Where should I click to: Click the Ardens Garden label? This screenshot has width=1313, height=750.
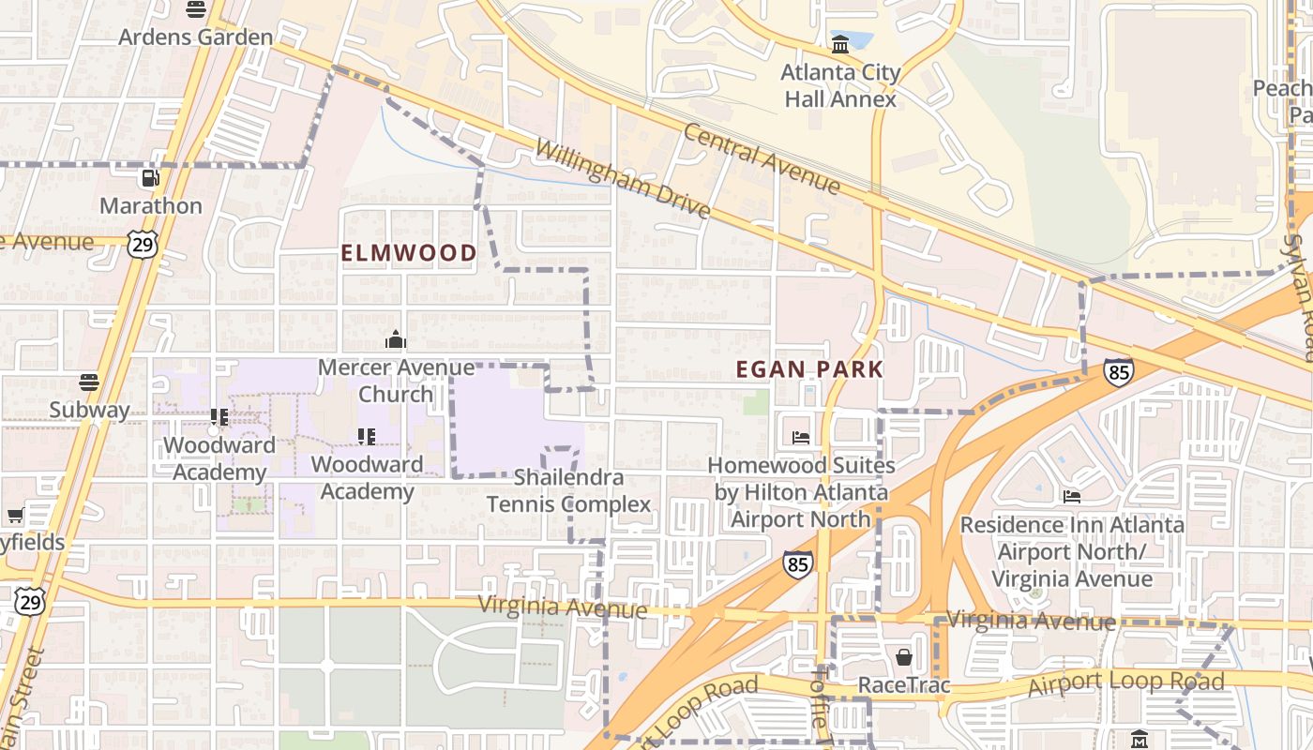pos(196,37)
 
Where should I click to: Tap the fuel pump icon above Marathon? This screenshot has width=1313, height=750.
pos(150,178)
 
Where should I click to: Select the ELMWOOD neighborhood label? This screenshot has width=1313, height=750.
pos(409,253)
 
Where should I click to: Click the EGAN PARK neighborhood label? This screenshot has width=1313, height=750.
pos(810,369)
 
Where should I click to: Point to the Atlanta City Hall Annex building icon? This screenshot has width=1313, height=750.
pos(840,44)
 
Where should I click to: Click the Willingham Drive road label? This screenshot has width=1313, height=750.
pos(623,180)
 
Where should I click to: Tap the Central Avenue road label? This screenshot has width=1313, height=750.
pos(762,157)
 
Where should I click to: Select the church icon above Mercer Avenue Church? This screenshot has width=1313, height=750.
pos(396,339)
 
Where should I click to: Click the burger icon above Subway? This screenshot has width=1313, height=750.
pos(89,382)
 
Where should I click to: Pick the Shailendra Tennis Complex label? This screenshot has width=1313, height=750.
pos(568,491)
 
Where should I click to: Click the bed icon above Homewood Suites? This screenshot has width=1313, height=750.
pos(801,438)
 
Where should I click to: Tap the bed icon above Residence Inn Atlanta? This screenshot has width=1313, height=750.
pos(1072,496)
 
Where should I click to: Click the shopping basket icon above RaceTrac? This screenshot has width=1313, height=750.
pos(904,657)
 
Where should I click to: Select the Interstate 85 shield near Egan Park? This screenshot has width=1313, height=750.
pos(1118,371)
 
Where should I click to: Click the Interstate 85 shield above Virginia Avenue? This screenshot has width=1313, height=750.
pos(797,563)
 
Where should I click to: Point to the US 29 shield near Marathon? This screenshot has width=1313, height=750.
pos(143,243)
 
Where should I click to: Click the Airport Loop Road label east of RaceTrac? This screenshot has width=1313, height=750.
pos(1125,684)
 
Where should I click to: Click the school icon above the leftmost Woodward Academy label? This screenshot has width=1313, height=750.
pos(219,417)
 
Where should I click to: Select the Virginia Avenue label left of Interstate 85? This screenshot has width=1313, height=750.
pos(563,607)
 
